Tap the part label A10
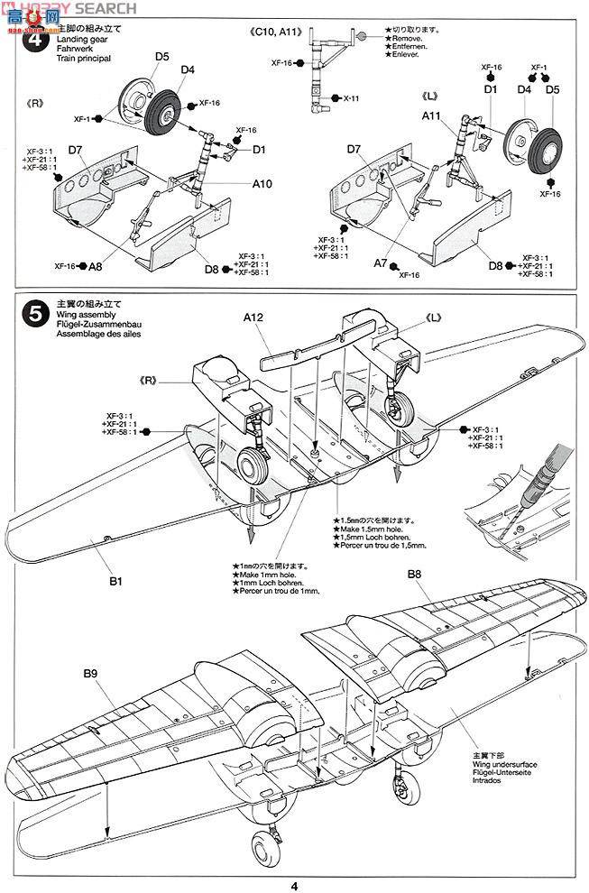(x=262, y=183)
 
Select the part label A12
(x=253, y=318)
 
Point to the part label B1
(x=115, y=582)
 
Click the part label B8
(x=414, y=574)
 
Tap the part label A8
(x=95, y=266)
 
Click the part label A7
(x=381, y=262)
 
